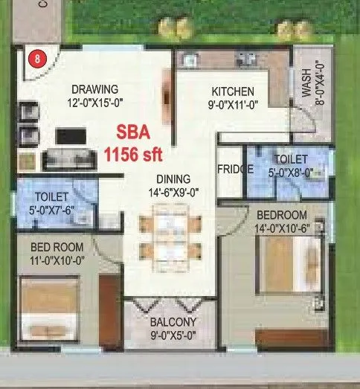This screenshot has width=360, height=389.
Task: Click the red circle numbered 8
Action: click(x=33, y=56)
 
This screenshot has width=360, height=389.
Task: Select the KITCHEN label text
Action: click(x=234, y=91)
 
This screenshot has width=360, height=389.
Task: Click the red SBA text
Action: click(x=132, y=135)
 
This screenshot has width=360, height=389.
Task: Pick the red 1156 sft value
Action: click(x=132, y=155)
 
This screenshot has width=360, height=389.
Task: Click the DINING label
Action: click(x=173, y=179)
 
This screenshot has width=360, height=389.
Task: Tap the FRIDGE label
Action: click(x=235, y=169)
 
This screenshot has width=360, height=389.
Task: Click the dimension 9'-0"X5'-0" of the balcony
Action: click(x=173, y=335)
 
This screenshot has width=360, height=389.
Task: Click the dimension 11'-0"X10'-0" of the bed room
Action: click(x=57, y=260)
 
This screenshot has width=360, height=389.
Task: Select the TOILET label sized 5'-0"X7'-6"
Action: click(x=52, y=196)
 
